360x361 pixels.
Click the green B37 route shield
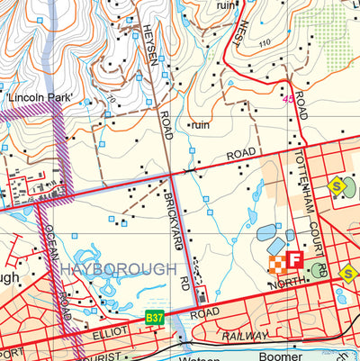tap(156, 318)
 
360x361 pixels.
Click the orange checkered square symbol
tap(276, 264)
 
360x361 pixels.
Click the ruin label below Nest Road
tap(199, 125)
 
